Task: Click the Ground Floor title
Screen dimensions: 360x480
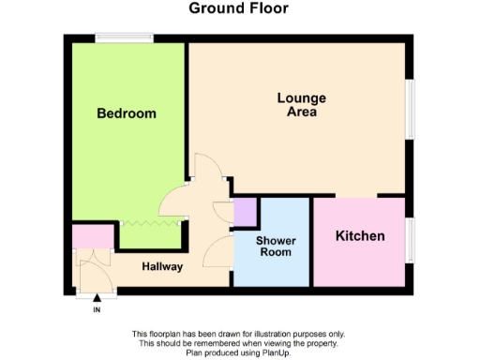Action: click(238, 9)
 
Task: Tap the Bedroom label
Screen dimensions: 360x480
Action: click(127, 113)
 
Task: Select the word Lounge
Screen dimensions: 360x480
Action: click(301, 97)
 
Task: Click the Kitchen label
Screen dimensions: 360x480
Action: click(360, 236)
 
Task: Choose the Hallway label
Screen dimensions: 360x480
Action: click(162, 266)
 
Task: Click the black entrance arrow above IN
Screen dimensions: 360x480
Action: click(97, 299)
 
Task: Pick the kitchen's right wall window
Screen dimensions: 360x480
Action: click(409, 241)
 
